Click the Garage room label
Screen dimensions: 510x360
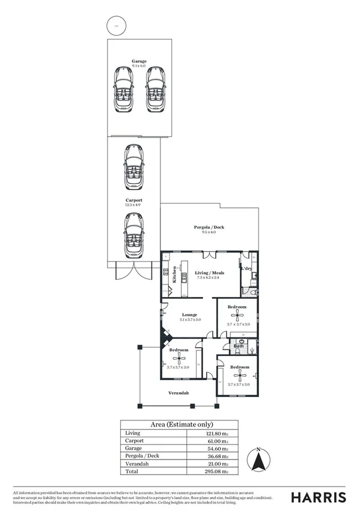coord(139,61)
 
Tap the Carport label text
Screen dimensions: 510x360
coord(133,200)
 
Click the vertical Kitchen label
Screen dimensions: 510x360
coord(175,274)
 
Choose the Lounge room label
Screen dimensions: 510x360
coord(190,315)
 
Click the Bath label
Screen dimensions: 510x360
coord(239,346)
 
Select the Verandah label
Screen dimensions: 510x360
coord(178,393)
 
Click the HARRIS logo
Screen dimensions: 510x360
coord(319,497)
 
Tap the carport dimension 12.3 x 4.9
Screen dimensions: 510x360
coord(133,205)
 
